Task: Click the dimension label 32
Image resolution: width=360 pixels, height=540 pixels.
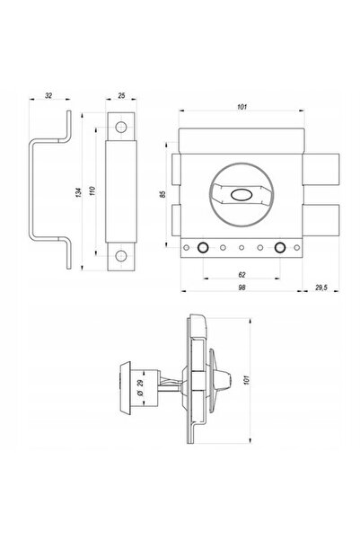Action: tap(48, 95)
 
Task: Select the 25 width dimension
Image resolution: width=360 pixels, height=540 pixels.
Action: tap(121, 95)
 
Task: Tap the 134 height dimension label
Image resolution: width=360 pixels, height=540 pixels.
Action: tap(79, 193)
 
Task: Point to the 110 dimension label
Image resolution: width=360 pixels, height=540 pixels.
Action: tap(92, 190)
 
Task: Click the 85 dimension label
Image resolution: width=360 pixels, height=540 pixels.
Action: tap(162, 194)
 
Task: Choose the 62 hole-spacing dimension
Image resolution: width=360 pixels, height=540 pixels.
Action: tap(242, 274)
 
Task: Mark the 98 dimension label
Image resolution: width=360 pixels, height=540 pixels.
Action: tap(242, 288)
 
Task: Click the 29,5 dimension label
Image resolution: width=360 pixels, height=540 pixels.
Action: tap(321, 288)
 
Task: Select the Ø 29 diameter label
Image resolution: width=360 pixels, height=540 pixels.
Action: tap(140, 387)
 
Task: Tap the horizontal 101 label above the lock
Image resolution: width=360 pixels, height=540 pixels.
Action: tap(242, 107)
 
